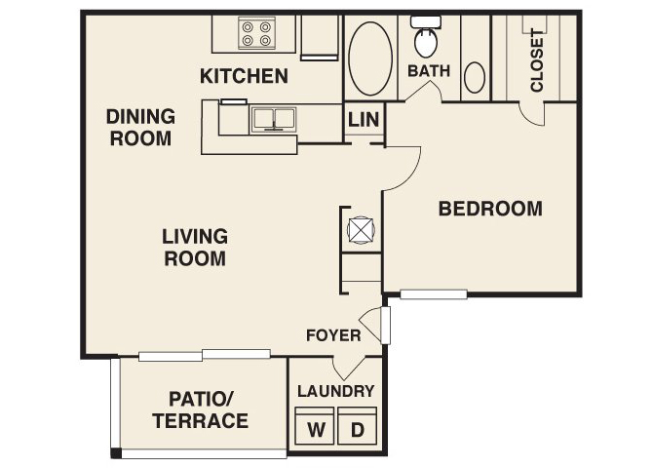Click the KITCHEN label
244,76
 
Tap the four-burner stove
257,33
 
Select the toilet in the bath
426,37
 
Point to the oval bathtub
370,58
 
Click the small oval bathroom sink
475,78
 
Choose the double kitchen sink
273,120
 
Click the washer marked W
315,426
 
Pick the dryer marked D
358,426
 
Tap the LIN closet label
364,120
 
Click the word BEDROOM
490,209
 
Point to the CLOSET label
537,60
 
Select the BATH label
429,71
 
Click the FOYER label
333,335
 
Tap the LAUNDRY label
335,391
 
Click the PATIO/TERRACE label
201,410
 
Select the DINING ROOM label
140,128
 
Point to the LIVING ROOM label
195,248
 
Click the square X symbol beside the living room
361,230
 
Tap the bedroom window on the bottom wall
434,294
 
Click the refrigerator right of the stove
320,37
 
